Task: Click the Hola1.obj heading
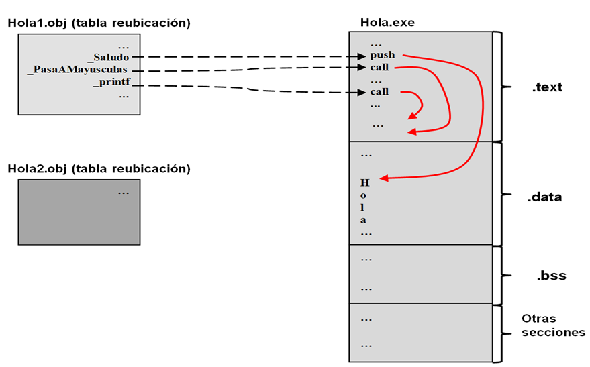[99, 23]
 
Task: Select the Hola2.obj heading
[99, 168]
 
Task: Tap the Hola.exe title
[387, 23]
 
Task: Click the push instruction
[382, 55]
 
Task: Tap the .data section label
[544, 197]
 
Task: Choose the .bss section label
[550, 276]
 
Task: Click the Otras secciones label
[553, 325]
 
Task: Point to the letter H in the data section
[364, 182]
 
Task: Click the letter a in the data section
[364, 220]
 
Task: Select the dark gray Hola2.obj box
[79, 211]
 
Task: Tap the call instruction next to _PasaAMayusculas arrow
[379, 68]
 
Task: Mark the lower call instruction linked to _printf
[379, 92]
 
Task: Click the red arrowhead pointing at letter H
[383, 178]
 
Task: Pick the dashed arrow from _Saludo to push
[248, 58]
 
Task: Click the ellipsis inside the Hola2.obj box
[124, 193]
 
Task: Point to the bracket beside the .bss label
[497, 274]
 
